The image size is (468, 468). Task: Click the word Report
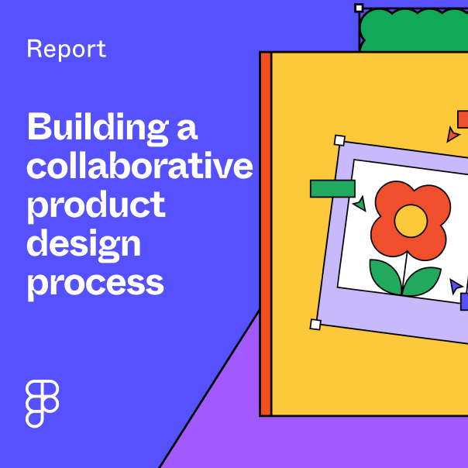coord(66,50)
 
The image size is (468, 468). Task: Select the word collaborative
coord(139,167)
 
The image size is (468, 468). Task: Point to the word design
coord(84,245)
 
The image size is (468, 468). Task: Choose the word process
coord(95,283)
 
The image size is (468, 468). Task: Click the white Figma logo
coord(43,403)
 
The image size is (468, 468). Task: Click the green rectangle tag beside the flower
coord(332,188)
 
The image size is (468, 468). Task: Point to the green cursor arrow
coord(360,205)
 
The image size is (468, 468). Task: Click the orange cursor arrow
coord(453,136)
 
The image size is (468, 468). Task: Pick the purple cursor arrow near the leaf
coord(456,287)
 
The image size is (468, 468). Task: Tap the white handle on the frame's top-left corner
coord(339,140)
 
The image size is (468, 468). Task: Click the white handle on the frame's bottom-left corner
coord(315,324)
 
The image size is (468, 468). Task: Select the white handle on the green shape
coord(359,8)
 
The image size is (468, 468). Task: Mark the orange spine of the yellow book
coord(265,232)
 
